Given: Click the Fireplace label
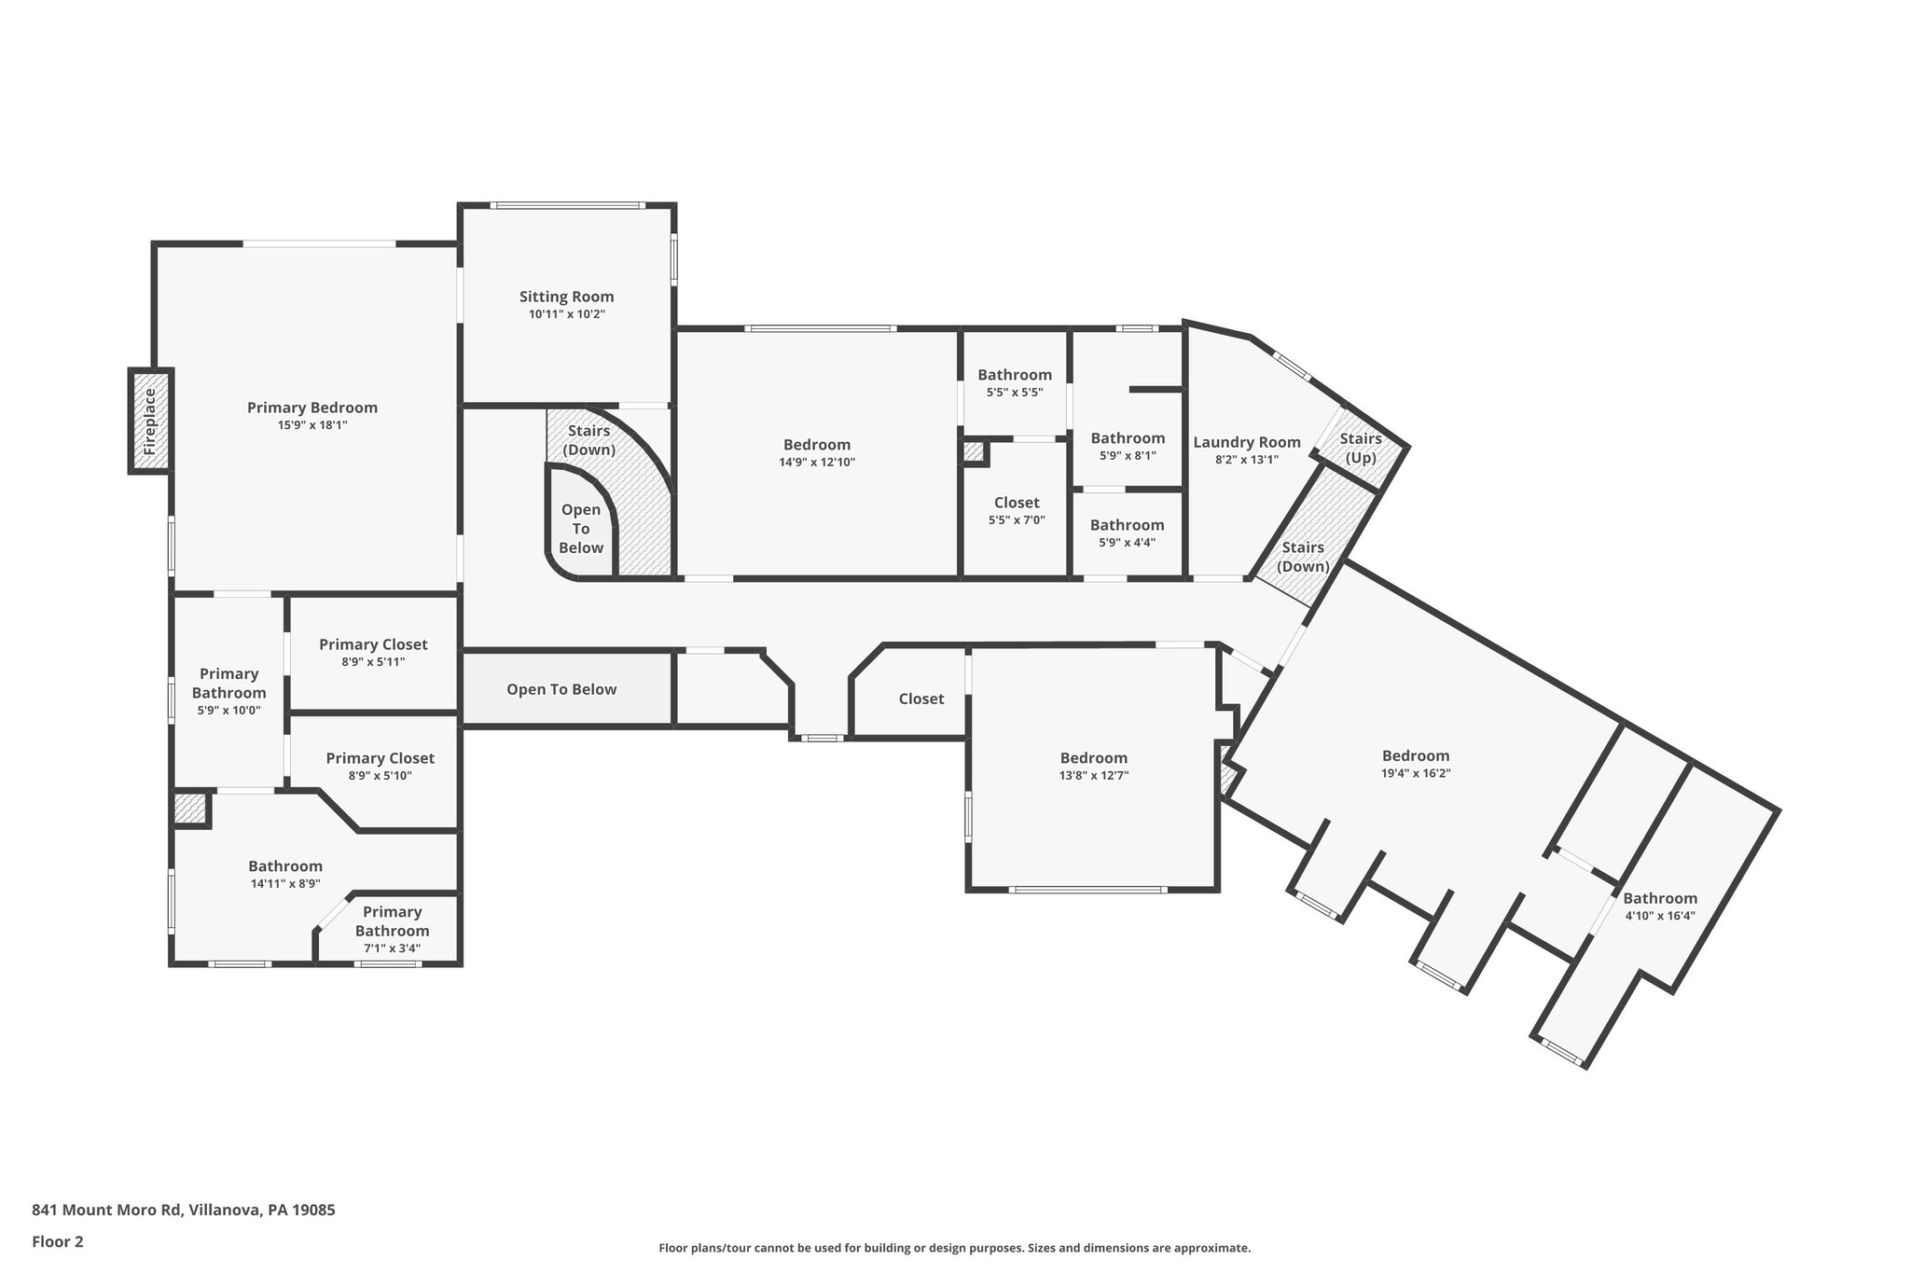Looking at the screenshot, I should tap(150, 422).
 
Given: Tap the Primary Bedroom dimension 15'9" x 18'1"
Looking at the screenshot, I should tap(312, 425).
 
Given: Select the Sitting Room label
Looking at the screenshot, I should tap(566, 297).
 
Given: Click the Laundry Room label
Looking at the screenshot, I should tap(1246, 442).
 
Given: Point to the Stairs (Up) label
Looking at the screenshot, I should tap(1360, 448).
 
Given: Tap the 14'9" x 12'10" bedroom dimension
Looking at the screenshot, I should tap(816, 463).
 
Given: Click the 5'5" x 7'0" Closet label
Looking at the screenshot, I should tap(1016, 503).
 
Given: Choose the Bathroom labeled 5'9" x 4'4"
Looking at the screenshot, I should tap(1127, 525).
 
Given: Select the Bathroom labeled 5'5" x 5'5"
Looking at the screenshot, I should tap(1014, 375).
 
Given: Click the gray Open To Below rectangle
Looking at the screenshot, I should tap(561, 689).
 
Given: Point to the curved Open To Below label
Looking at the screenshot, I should tap(580, 529).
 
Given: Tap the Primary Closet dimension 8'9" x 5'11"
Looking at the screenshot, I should tap(373, 662).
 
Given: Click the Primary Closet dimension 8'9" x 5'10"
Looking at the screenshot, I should tap(380, 776).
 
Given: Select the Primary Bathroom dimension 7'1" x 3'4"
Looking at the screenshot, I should tap(392, 948).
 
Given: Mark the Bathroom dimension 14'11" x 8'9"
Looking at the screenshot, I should tap(284, 883).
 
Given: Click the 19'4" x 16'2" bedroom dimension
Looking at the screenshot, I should tap(1415, 773).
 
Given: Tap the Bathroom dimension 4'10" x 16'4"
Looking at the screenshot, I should tap(1659, 916).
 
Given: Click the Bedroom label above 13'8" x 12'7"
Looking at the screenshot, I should tap(1093, 757).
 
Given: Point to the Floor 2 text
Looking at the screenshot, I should tap(58, 1241).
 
